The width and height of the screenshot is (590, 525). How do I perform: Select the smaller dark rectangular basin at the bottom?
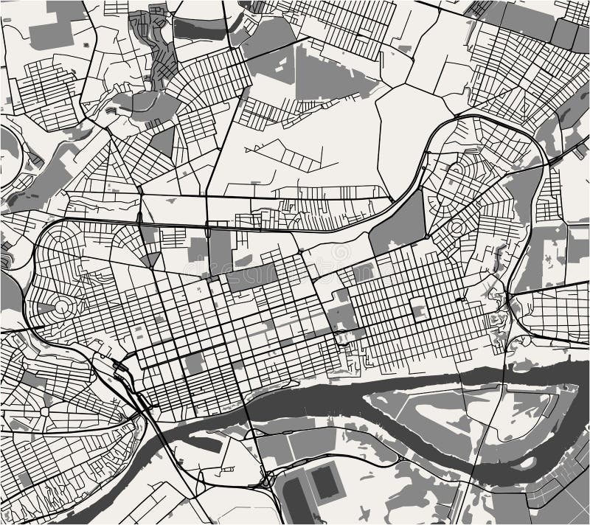coord(324,482)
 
